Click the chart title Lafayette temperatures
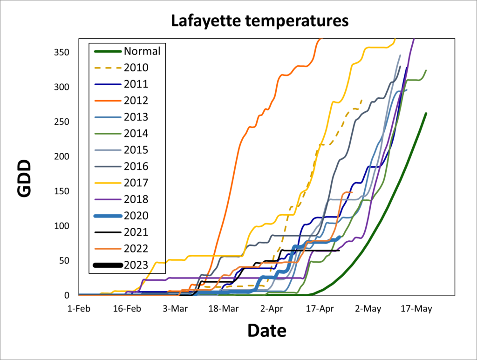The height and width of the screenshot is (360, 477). (x=259, y=20)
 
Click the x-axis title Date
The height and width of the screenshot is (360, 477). (x=266, y=330)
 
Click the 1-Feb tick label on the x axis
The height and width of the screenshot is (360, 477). (x=79, y=309)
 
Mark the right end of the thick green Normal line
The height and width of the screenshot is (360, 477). (x=426, y=113)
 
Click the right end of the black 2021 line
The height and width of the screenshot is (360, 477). (x=339, y=250)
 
